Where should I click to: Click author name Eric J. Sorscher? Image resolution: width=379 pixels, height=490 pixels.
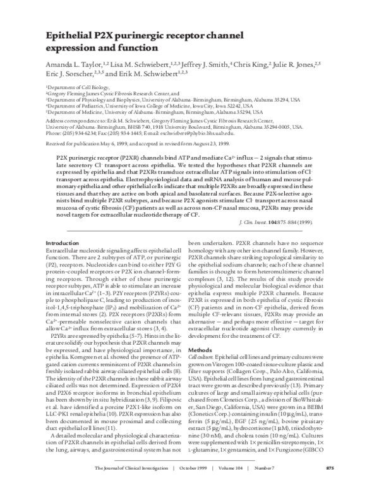click(68, 75)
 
